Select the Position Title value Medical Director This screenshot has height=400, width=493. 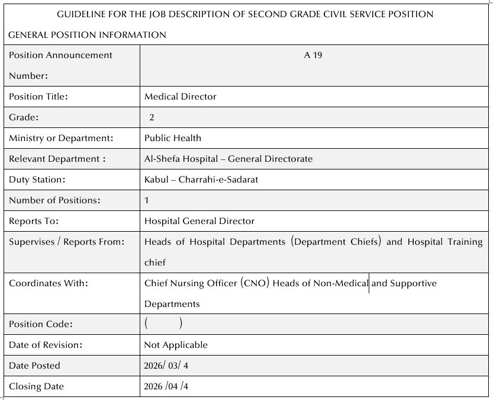click(x=181, y=97)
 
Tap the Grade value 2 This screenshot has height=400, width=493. click(x=152, y=117)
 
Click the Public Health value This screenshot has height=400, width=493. click(x=173, y=138)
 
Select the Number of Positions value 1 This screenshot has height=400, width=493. click(x=147, y=200)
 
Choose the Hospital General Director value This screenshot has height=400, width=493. click(x=199, y=221)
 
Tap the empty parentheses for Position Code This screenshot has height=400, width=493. click(x=163, y=324)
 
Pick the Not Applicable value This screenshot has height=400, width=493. click(x=176, y=345)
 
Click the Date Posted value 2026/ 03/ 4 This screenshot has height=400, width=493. click(x=166, y=366)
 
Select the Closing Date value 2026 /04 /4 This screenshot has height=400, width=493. click(x=167, y=386)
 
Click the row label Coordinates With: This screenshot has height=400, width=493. click(x=49, y=283)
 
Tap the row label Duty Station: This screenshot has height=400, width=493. click(x=37, y=180)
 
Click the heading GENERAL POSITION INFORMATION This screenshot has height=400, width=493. click(x=87, y=35)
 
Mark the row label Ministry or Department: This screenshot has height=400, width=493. click(x=61, y=138)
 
